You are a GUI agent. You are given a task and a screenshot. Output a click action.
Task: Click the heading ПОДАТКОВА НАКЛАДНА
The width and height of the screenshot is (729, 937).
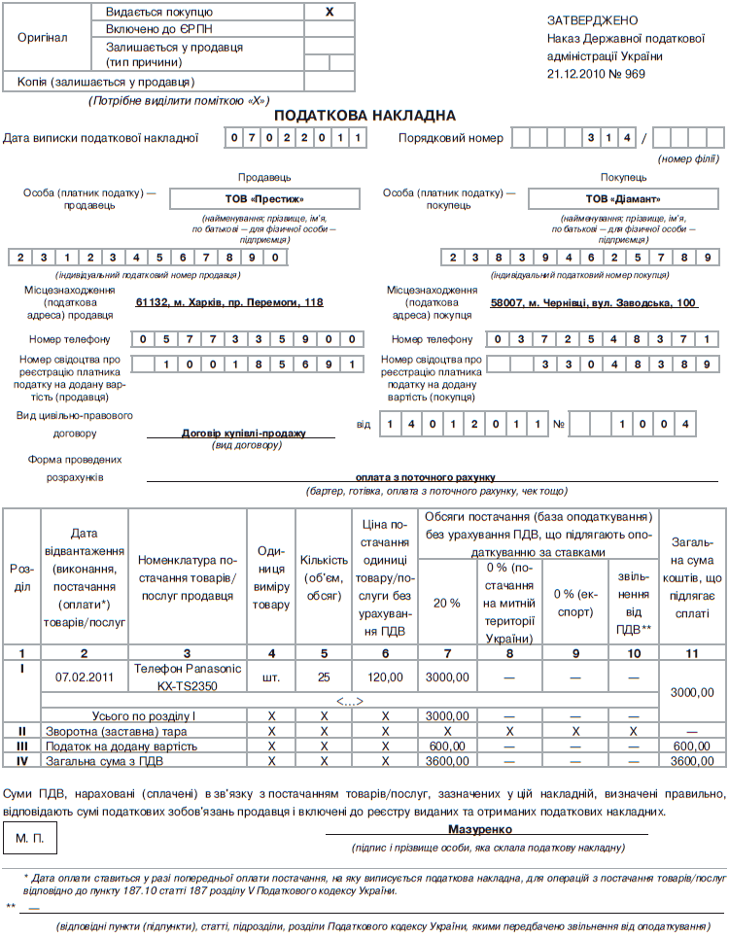click(364, 116)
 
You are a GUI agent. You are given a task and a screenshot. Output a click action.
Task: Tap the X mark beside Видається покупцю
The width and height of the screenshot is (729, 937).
click(329, 12)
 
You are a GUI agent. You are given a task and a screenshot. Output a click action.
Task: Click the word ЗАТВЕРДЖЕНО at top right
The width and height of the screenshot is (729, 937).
click(593, 19)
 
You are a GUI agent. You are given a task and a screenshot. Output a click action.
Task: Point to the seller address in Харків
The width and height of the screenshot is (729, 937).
click(229, 302)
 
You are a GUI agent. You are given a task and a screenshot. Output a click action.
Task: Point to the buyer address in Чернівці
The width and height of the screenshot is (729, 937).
click(594, 302)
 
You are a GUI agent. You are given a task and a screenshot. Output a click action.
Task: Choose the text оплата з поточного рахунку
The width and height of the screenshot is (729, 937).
click(426, 477)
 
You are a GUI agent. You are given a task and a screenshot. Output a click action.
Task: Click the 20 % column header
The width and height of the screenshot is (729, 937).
click(446, 603)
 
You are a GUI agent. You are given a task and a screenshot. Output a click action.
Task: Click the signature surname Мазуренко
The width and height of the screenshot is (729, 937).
click(480, 829)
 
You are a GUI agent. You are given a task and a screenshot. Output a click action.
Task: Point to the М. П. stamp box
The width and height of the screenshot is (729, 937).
click(36, 837)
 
